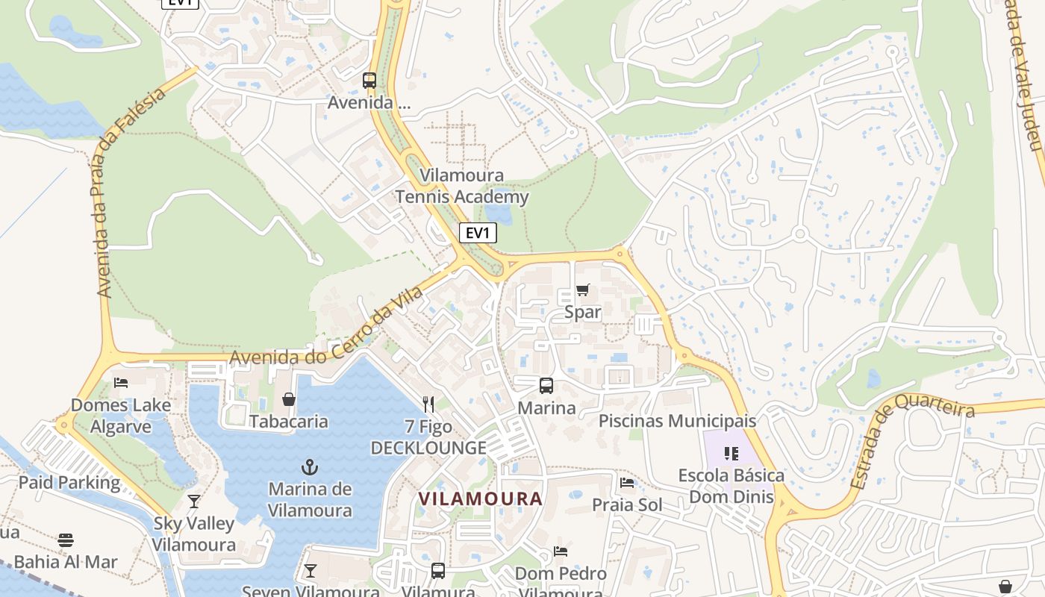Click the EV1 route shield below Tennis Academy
point(478,233)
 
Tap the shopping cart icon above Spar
point(583,290)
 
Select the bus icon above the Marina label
point(546,386)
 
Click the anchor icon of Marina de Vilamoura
point(309,467)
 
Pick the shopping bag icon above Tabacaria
point(289,399)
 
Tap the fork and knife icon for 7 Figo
point(428,404)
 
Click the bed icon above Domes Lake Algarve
point(121,383)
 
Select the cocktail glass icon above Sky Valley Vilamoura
point(194,501)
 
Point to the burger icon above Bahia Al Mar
point(66,540)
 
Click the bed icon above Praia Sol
point(627,483)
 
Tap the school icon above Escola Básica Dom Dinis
point(731,453)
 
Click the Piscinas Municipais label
point(677,421)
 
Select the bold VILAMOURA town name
point(480,498)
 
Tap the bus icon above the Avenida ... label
point(369,81)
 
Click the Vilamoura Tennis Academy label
point(462,187)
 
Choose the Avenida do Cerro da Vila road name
point(326,329)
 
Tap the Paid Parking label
point(69,482)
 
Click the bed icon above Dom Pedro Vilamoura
point(561,551)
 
